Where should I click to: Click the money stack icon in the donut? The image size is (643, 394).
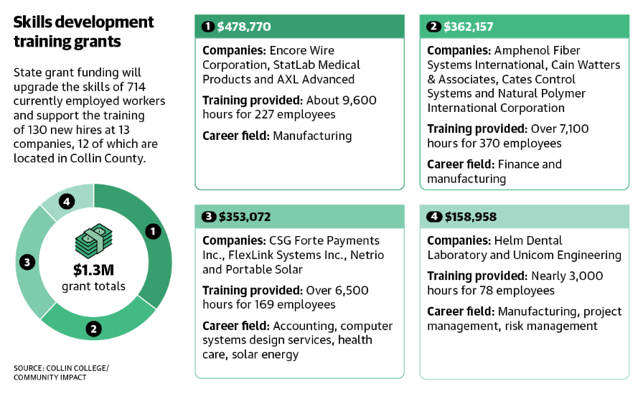pos(93,242)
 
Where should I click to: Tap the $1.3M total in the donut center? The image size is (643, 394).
pos(93,271)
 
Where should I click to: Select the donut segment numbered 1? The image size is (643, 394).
pos(152,231)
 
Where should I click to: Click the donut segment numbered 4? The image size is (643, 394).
pos(67,202)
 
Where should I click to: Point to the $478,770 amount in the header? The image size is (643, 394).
pos(245,27)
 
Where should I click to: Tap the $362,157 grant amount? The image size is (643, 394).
pos(469,27)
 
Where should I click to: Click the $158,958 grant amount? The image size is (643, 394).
pos(471,217)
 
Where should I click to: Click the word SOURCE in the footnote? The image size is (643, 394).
pos(28,368)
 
